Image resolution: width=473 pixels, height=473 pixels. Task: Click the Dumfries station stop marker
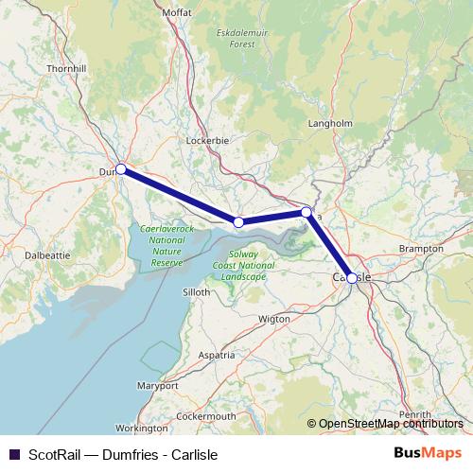[x=121, y=169]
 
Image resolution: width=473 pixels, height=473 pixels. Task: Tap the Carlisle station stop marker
[x=352, y=278]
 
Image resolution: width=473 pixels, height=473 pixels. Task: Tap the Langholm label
[x=330, y=124]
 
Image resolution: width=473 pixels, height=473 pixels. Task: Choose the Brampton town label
[x=421, y=248]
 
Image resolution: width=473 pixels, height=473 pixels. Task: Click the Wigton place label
[x=274, y=320]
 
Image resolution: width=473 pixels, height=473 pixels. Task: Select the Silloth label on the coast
[x=196, y=292]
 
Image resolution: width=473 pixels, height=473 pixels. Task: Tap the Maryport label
[x=157, y=387]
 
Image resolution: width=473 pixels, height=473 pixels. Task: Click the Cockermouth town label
[x=205, y=416]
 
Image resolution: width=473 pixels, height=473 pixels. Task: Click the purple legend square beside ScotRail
[x=14, y=454]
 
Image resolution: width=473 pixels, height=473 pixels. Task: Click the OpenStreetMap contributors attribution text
[x=391, y=424]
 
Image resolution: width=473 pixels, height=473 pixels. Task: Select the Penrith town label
[x=416, y=415]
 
